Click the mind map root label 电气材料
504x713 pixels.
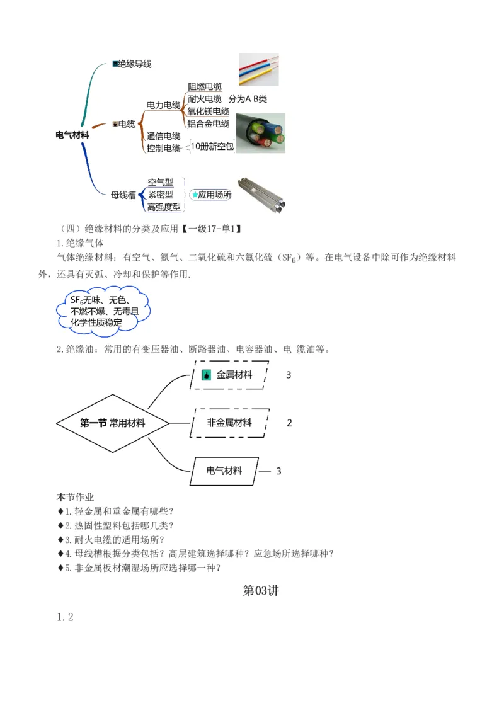tap(72, 135)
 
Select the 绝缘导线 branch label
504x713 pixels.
tap(134, 64)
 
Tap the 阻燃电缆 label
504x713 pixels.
tap(204, 87)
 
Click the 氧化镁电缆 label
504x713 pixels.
tap(208, 111)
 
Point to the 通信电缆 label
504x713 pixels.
tap(163, 136)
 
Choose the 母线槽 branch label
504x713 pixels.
tap(123, 195)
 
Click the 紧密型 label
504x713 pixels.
tap(160, 195)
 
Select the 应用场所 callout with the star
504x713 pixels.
tap(211, 195)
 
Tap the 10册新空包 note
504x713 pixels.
tap(212, 147)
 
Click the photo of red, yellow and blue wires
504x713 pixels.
tap(258, 69)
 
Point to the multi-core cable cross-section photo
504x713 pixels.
tap(260, 133)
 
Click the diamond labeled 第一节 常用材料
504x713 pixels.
tap(113, 423)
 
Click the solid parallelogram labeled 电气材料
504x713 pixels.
tap(224, 471)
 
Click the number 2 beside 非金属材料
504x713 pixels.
tap(289, 423)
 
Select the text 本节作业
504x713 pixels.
tap(76, 497)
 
